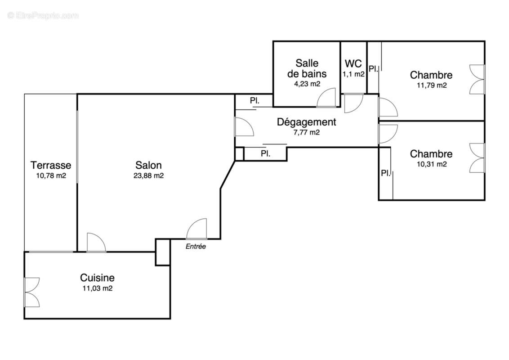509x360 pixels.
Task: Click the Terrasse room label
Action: click(x=51, y=165)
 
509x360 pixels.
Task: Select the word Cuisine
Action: click(x=97, y=278)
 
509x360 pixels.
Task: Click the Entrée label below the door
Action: click(x=196, y=247)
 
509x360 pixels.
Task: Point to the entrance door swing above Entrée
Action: click(x=197, y=229)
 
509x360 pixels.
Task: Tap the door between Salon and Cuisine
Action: click(x=95, y=243)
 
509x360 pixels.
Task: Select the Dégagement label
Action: click(x=306, y=122)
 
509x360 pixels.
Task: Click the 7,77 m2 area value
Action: click(x=306, y=132)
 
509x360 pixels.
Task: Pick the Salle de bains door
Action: click(x=326, y=98)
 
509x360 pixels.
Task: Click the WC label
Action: click(x=353, y=63)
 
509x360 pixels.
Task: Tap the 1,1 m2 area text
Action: click(x=353, y=74)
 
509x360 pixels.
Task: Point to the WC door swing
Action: click(x=353, y=103)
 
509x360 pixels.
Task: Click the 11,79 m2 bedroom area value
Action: click(x=431, y=85)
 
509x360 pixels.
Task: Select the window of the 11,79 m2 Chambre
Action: click(x=477, y=79)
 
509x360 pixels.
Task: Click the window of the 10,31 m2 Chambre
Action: click(x=477, y=158)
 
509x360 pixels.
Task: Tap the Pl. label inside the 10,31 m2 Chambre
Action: click(x=386, y=173)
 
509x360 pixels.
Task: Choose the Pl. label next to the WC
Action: click(x=373, y=69)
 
